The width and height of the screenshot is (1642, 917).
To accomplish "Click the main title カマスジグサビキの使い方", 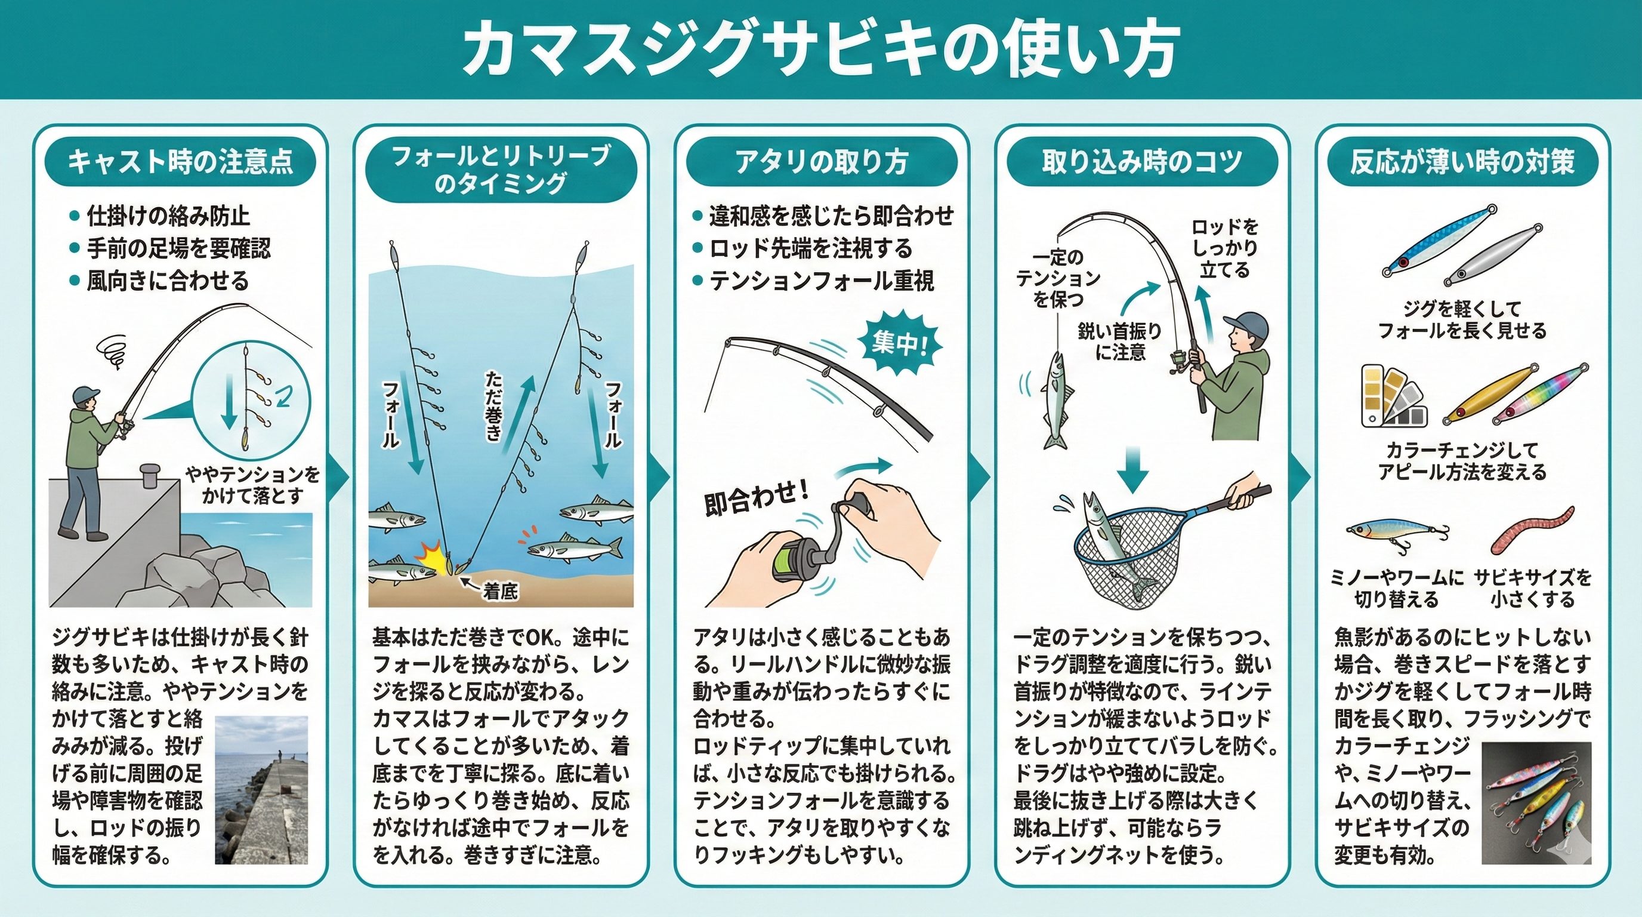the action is click(x=820, y=50).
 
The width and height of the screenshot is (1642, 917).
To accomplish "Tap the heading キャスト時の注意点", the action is click(x=180, y=163).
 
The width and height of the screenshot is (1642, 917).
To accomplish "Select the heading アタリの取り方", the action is click(x=822, y=163).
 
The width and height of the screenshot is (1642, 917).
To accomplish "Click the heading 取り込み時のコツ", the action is click(x=1142, y=163).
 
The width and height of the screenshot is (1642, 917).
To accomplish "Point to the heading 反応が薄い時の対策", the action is click(x=1462, y=163).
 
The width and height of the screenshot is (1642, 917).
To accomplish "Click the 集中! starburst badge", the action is click(x=899, y=344).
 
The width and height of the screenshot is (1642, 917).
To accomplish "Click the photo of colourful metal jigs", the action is click(x=1536, y=806).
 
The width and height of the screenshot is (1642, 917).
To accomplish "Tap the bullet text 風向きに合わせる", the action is click(x=168, y=281).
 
